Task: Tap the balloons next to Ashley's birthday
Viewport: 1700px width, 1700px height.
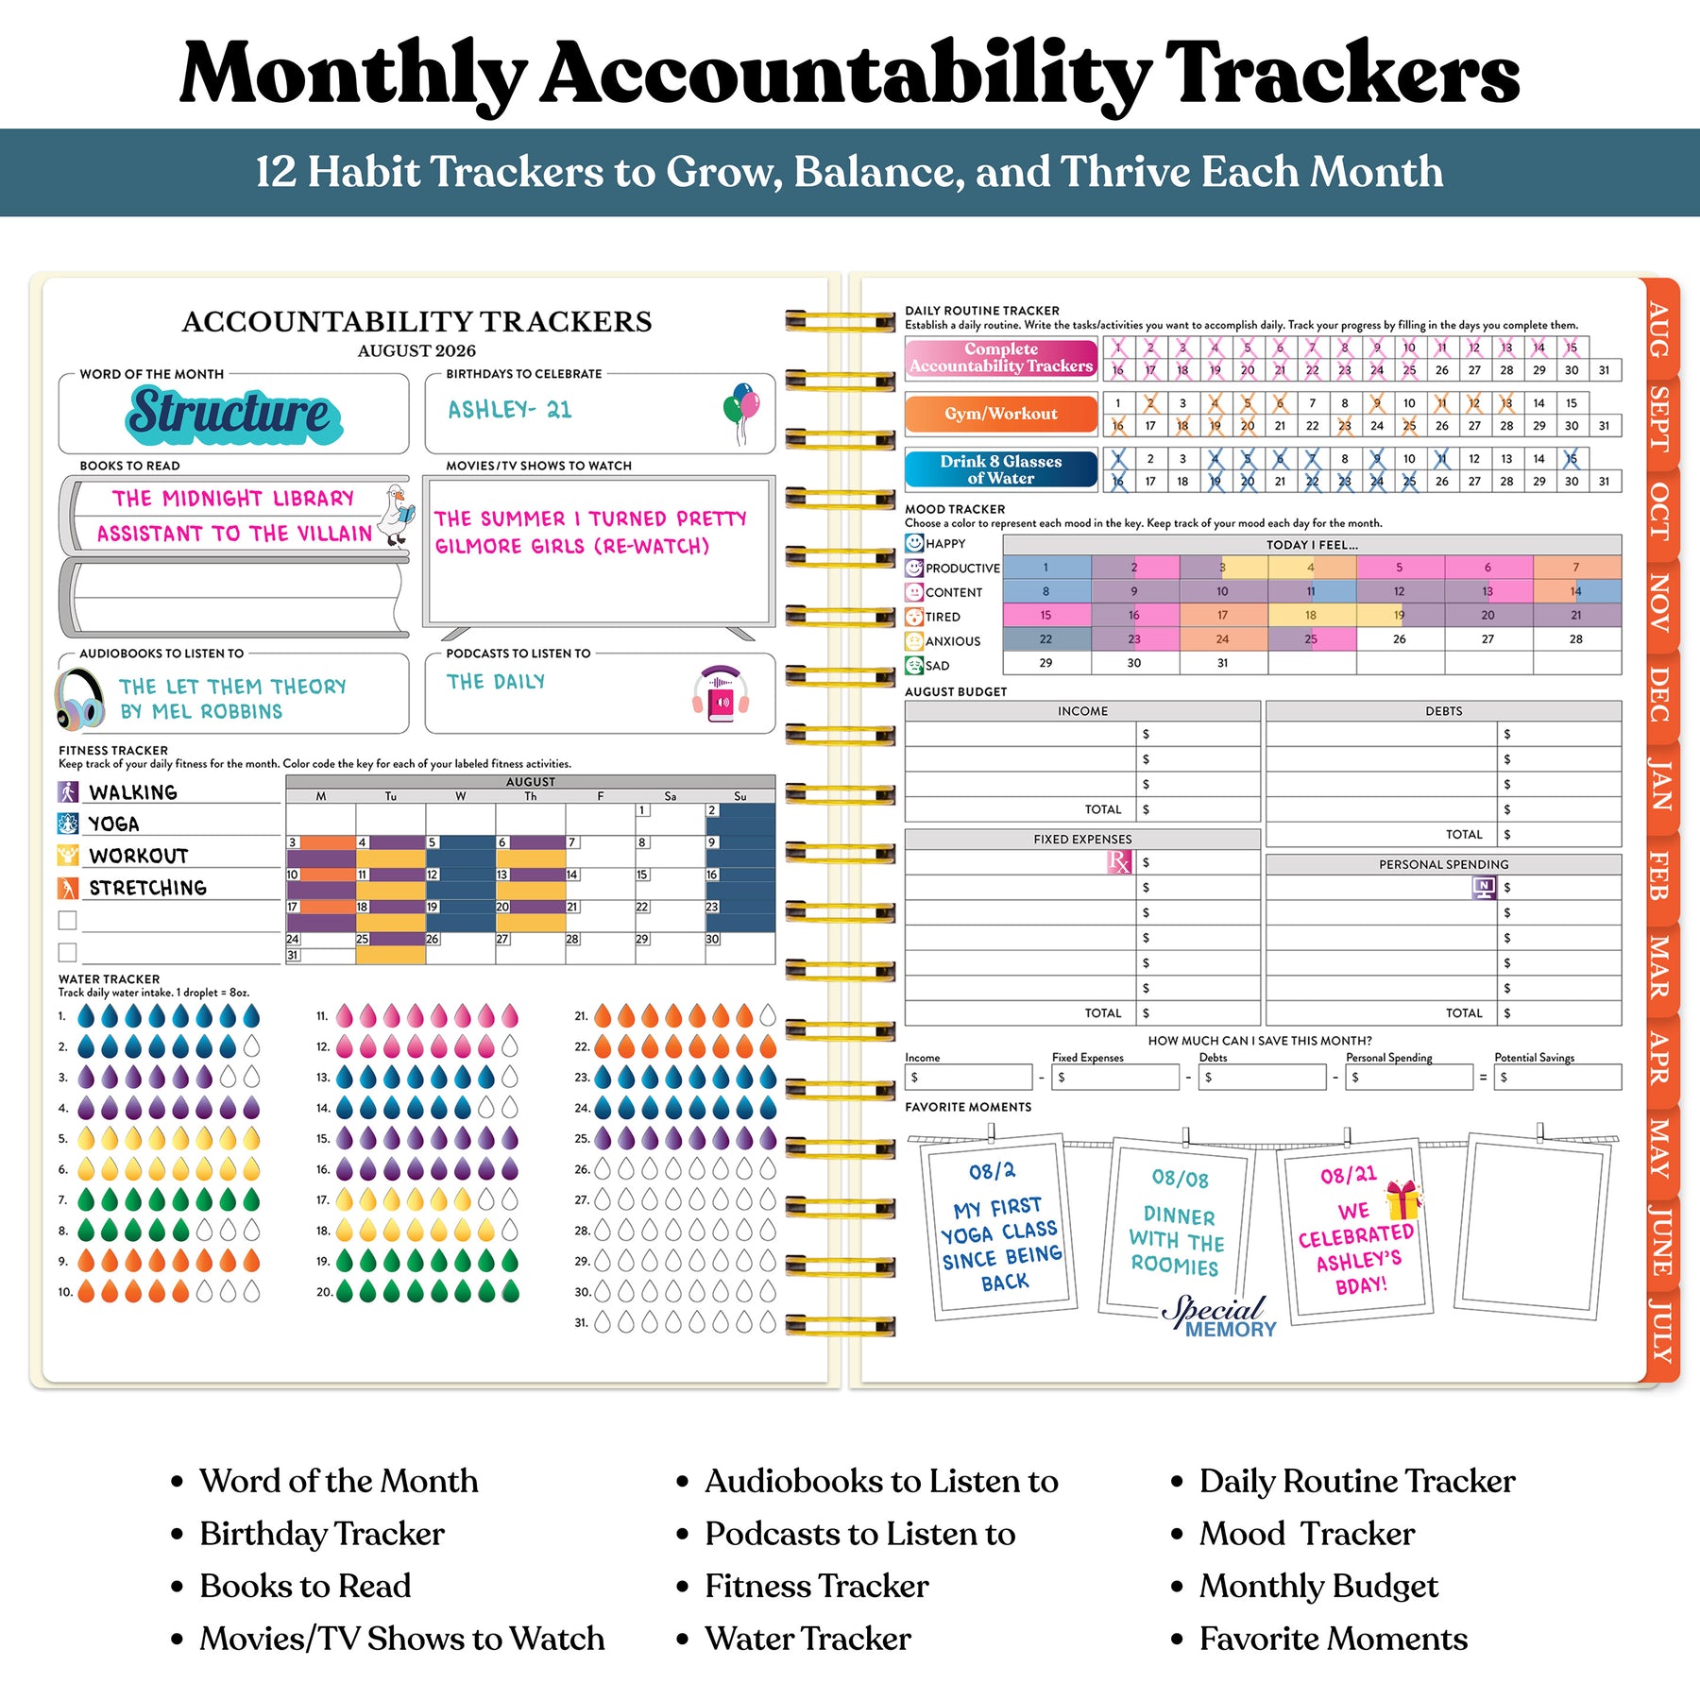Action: [x=741, y=408]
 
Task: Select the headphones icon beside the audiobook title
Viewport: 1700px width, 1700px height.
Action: [x=79, y=700]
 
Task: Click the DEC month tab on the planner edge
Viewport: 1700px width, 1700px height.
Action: [x=1659, y=693]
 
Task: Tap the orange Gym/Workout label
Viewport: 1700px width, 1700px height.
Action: [x=1000, y=414]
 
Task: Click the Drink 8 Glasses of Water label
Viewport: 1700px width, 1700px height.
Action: [x=1000, y=469]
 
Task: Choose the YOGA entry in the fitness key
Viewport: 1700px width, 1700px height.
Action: [x=113, y=824]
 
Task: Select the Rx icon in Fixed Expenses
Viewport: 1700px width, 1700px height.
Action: [x=1118, y=861]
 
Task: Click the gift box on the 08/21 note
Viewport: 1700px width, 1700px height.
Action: [x=1403, y=1199]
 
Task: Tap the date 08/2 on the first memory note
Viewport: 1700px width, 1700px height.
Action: [x=992, y=1171]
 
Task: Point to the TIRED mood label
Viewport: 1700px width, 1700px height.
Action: [x=943, y=617]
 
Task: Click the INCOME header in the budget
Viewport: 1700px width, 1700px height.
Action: [x=1082, y=711]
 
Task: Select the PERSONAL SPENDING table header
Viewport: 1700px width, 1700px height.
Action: [x=1443, y=864]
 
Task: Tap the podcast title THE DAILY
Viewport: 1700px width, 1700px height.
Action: [x=496, y=682]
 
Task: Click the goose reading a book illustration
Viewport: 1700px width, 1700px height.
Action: [x=395, y=515]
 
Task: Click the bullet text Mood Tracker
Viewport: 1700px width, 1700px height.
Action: [x=1306, y=1534]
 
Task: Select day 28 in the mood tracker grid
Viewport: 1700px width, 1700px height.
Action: [x=1575, y=639]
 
